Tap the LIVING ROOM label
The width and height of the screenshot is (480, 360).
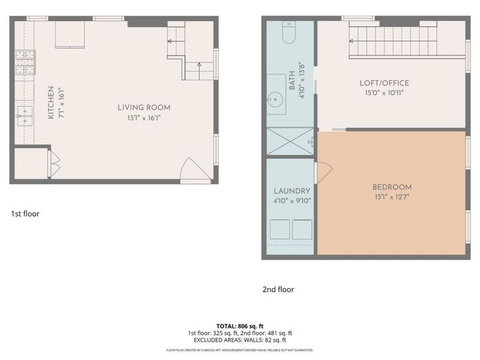tap(144, 107)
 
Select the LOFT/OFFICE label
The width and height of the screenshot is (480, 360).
tap(384, 83)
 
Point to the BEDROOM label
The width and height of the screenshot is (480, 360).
tap(392, 187)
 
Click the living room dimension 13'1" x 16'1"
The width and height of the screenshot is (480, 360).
tap(144, 118)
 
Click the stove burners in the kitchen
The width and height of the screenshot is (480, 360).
tap(25, 62)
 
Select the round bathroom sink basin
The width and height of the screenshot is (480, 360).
tap(277, 100)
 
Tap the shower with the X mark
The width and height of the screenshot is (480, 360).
tap(290, 142)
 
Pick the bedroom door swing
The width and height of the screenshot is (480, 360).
tap(322, 173)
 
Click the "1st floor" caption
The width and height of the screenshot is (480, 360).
tap(25, 214)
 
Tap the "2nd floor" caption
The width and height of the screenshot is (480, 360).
tap(278, 289)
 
